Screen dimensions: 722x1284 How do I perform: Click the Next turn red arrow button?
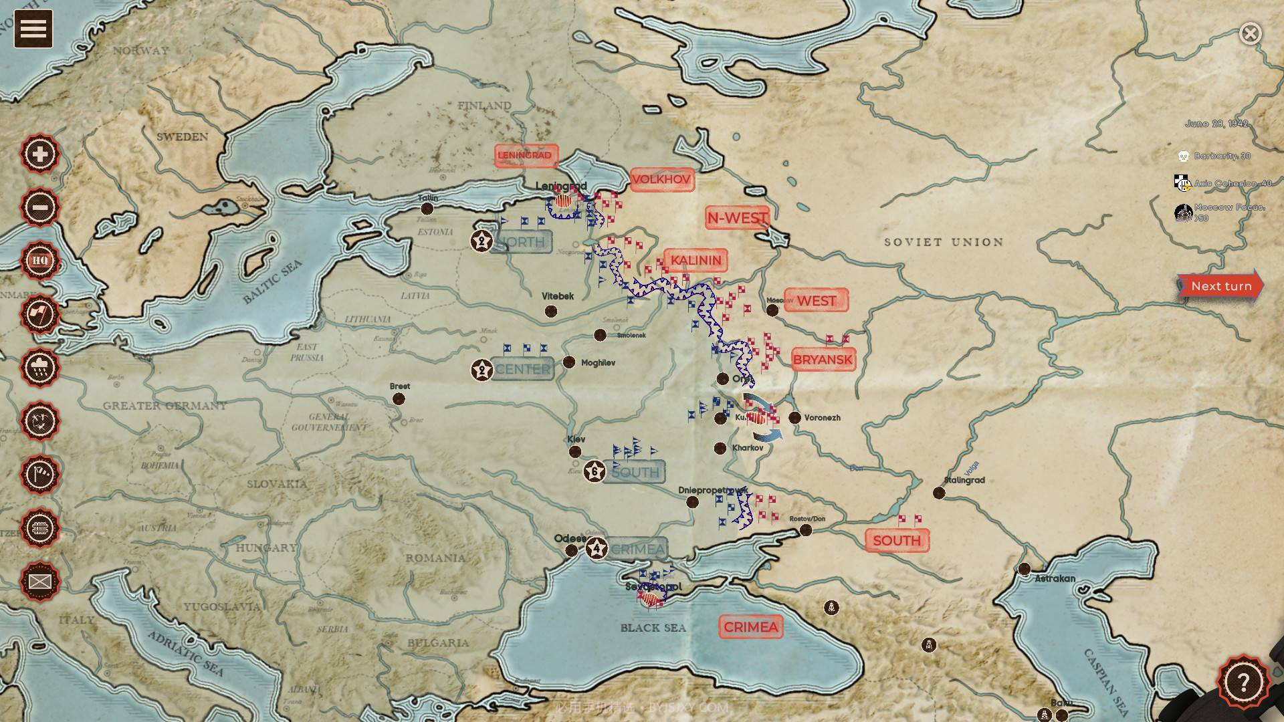click(x=1220, y=286)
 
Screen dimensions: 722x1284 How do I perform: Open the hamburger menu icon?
click(x=33, y=29)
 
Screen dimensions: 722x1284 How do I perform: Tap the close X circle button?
click(x=1250, y=33)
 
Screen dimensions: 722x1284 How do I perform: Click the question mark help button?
click(x=1243, y=683)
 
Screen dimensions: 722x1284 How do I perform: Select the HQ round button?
click(x=40, y=260)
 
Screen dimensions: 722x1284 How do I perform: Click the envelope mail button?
click(x=40, y=581)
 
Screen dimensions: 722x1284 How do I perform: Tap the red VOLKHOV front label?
click(x=661, y=179)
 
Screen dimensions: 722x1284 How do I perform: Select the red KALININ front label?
click(x=695, y=260)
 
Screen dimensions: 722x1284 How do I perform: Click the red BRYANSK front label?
click(x=823, y=360)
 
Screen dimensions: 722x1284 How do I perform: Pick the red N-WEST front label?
click(x=737, y=218)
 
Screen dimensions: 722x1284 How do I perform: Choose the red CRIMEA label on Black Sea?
click(x=750, y=627)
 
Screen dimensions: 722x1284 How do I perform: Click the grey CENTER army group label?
click(x=522, y=369)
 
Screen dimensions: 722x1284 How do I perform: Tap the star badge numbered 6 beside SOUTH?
click(x=595, y=471)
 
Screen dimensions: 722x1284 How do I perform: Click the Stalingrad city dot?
click(x=939, y=493)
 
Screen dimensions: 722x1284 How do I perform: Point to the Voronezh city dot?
click(x=794, y=418)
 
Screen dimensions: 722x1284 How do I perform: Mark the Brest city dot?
click(x=399, y=399)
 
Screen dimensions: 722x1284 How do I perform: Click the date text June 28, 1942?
click(x=1216, y=124)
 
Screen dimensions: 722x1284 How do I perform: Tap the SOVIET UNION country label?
click(x=944, y=242)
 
